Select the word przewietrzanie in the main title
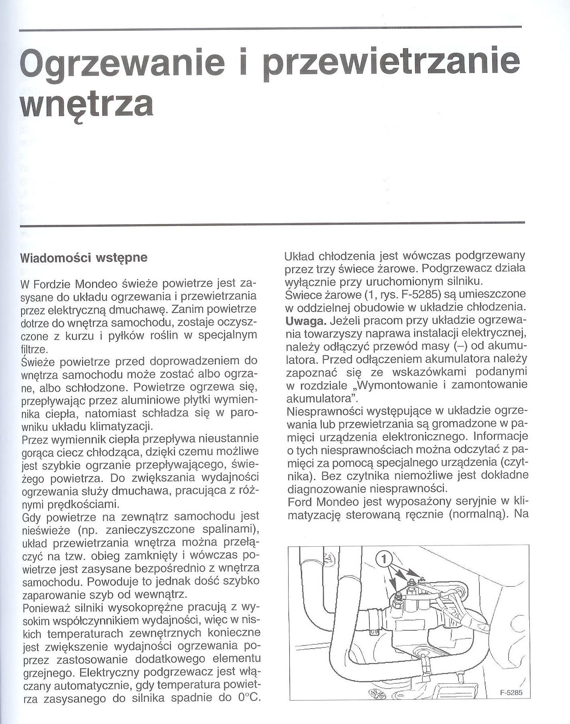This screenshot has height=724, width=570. click(392, 64)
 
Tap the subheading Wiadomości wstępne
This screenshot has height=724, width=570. click(84, 257)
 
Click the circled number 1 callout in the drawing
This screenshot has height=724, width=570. click(383, 560)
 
